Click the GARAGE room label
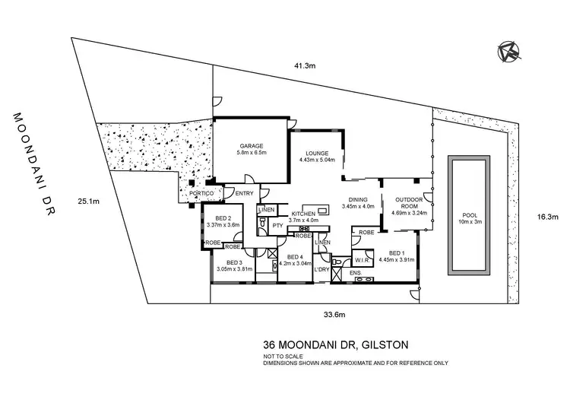tap(251, 145)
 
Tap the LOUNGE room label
tap(317, 153)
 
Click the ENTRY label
tap(245, 194)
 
